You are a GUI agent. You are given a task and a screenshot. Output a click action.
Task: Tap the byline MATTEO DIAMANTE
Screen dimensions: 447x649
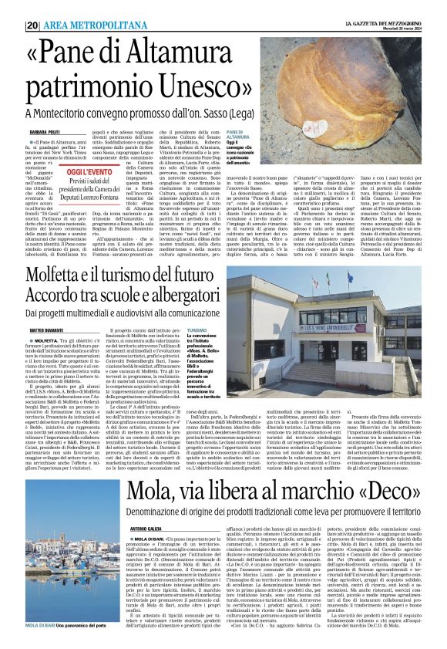point(45,330)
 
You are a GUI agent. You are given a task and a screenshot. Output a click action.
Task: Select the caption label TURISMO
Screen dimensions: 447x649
point(196,330)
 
